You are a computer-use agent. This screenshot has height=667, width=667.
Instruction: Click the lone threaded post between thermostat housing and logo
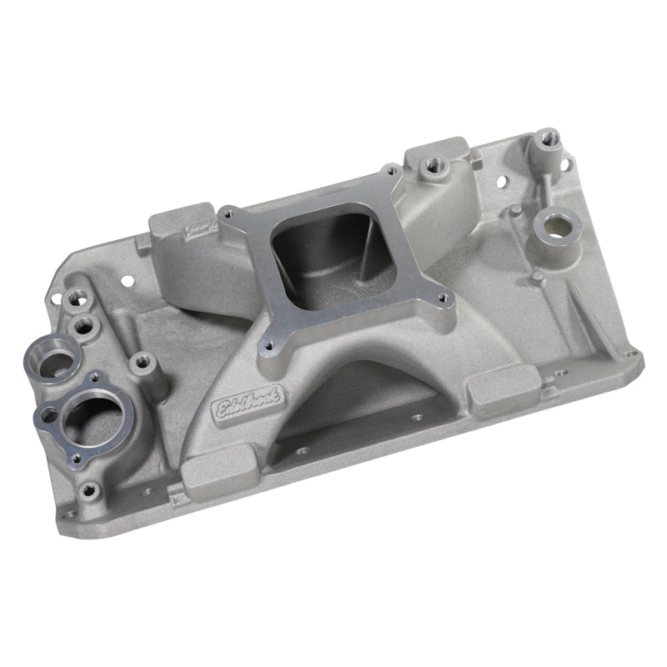[138, 364]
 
